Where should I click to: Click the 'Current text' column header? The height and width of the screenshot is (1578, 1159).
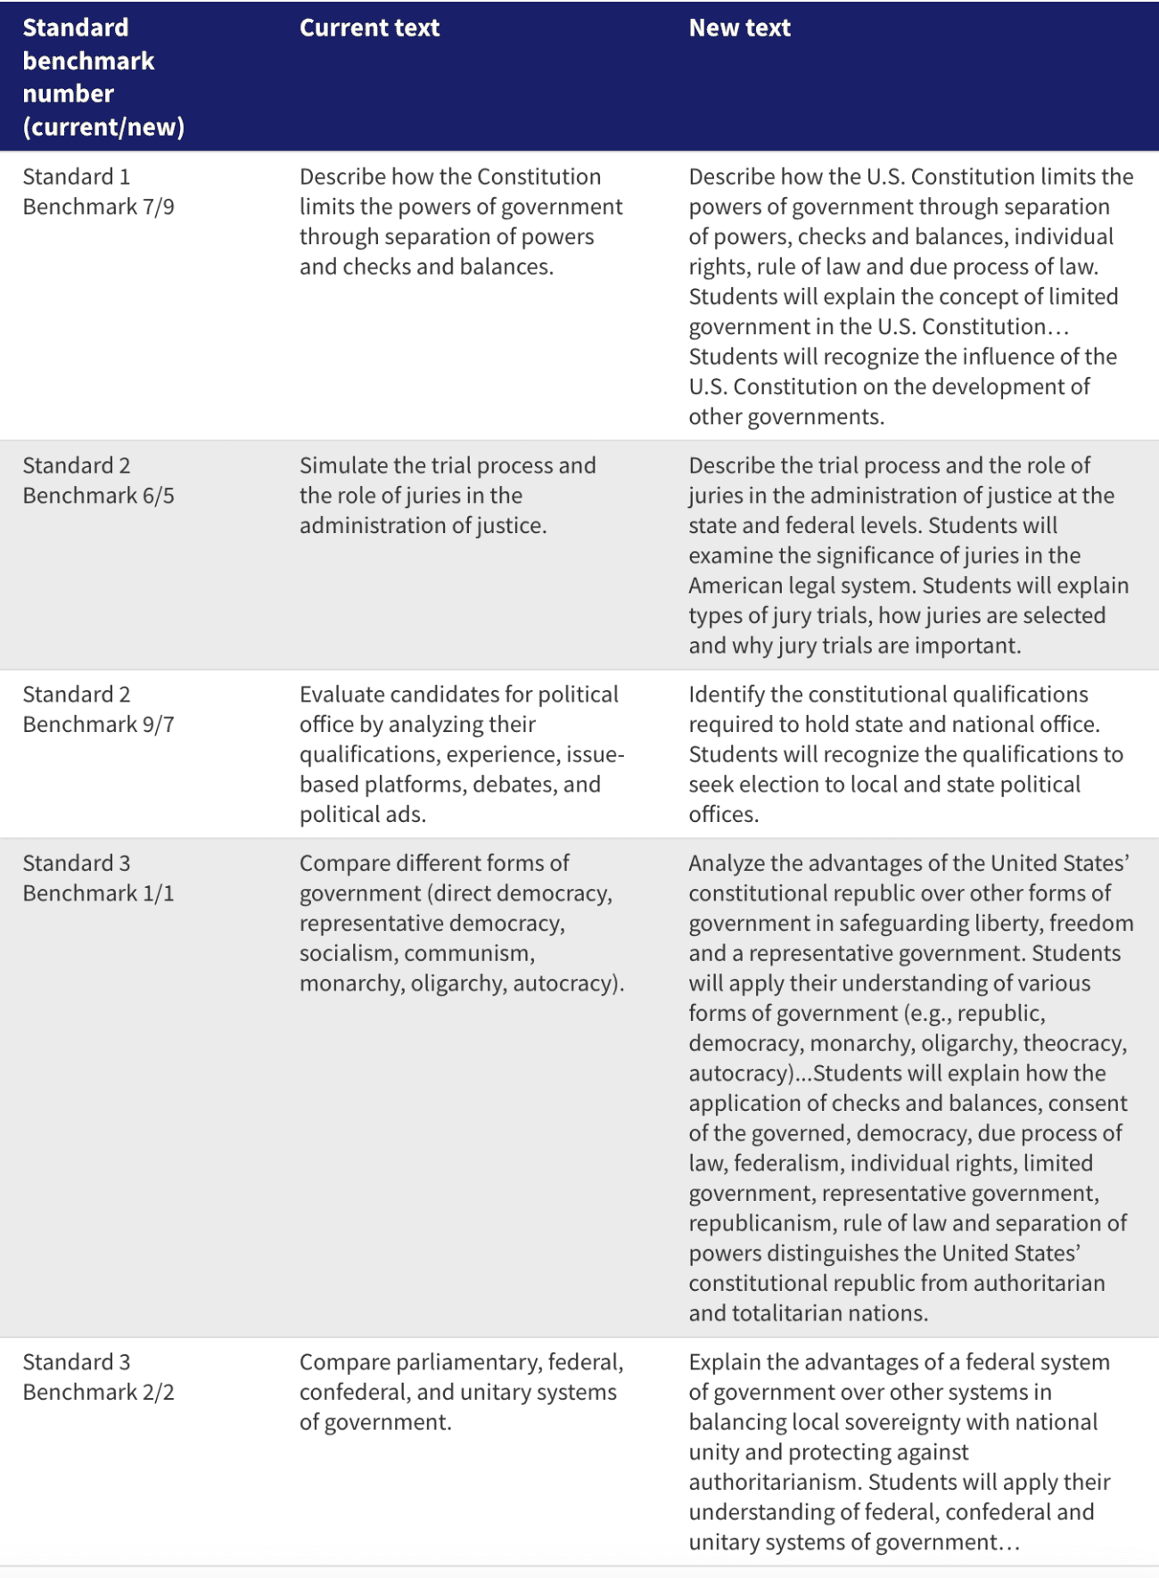pos(369,28)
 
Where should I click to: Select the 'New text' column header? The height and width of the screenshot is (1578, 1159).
pos(739,28)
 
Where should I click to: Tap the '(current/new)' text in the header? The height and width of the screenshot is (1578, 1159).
pos(103,127)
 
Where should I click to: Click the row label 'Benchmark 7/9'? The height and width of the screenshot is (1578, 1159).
pos(98,207)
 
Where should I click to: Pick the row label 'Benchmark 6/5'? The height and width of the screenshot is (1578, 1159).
pos(98,496)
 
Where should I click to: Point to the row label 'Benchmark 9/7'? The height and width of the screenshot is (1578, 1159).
pos(98,725)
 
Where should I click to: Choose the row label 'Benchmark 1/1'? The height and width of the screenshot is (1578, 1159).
pos(98,893)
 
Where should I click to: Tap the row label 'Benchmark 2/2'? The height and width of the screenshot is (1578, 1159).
pos(98,1393)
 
